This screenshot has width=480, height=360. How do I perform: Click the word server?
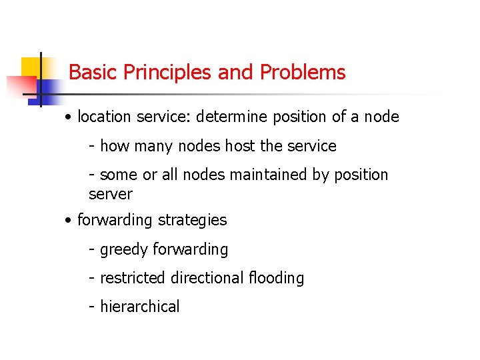pyautogui.click(x=111, y=195)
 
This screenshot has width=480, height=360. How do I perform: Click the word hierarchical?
pyautogui.click(x=139, y=307)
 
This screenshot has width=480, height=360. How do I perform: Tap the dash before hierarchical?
pyautogui.click(x=92, y=307)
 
